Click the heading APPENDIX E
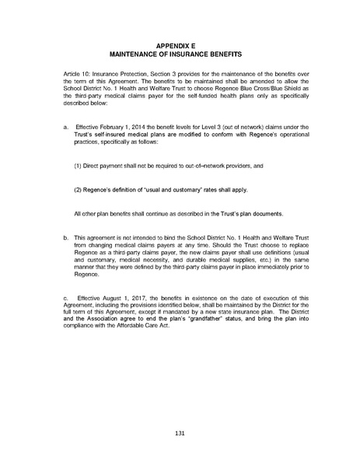point(180,46)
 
